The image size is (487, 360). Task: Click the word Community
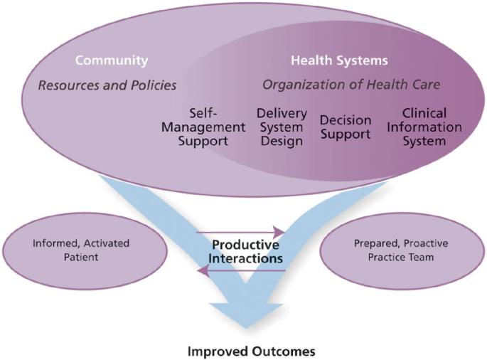coord(112,60)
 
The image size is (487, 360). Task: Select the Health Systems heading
coord(339,60)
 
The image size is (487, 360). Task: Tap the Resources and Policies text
coord(107,85)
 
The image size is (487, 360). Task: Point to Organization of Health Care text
coord(351,85)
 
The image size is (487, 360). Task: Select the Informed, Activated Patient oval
coord(70,248)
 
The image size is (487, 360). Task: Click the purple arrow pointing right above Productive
coord(242,232)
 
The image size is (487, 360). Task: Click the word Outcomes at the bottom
coord(281,351)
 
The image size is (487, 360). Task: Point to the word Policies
coord(154,85)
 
